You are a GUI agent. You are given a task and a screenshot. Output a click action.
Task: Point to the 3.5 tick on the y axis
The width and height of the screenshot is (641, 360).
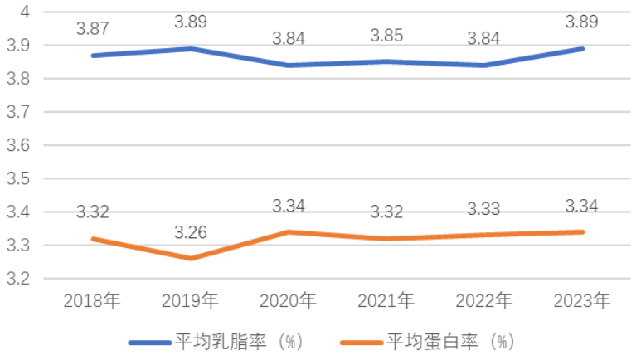point(20,178)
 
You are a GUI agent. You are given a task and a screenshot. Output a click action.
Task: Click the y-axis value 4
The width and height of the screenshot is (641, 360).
point(26,12)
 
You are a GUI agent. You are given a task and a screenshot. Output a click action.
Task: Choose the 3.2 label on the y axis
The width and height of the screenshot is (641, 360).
point(20,279)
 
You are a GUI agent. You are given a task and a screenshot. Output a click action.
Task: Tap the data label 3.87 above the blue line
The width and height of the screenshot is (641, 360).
point(93,28)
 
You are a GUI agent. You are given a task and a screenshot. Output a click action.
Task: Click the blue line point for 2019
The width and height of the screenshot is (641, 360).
point(191,48)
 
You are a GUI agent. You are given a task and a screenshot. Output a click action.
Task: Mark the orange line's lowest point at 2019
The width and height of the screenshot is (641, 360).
point(191,258)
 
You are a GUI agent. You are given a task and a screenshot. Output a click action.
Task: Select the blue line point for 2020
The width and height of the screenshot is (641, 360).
point(289,65)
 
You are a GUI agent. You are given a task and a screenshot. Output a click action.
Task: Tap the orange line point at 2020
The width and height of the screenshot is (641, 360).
point(289,231)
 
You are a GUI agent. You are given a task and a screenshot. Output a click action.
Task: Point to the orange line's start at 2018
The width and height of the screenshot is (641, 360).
point(93,238)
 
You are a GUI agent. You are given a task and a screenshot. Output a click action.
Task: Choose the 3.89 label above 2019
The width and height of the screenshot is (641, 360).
point(191,22)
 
